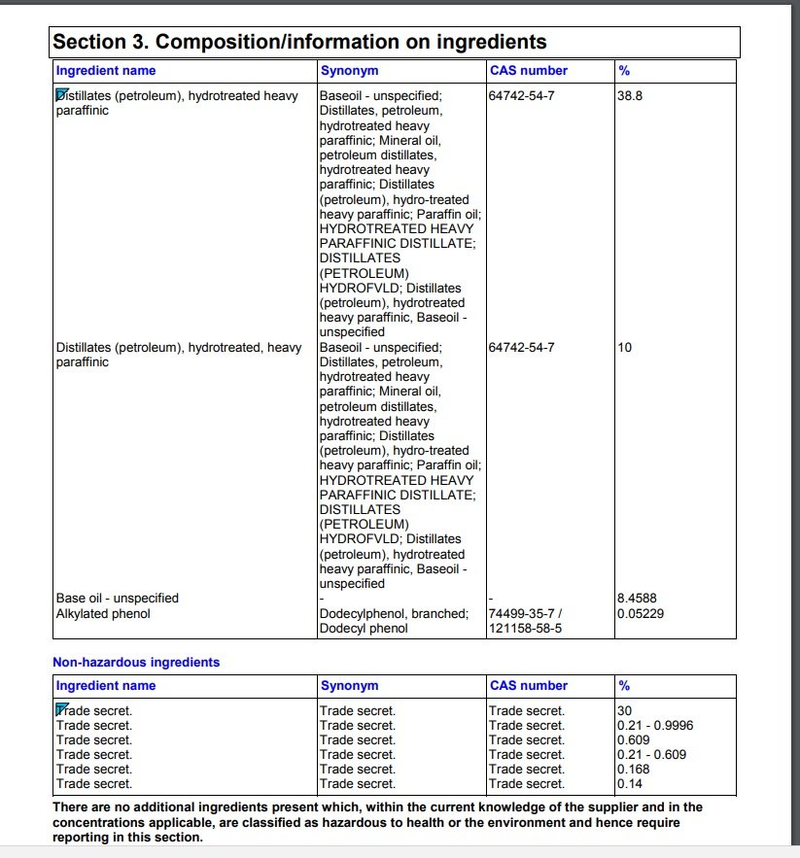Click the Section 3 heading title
coord(299,42)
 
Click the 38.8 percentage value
coord(630,96)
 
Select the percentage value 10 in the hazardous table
coord(625,347)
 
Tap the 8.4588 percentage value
coord(638,599)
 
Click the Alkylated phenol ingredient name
coord(103,613)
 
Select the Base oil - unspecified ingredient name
coord(118,599)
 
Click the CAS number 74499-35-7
coord(526,613)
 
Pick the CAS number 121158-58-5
coord(526,629)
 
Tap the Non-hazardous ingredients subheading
coord(136,663)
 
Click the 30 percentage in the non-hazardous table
coord(624,710)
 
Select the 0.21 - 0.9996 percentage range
coord(655,725)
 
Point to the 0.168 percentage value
coord(635,769)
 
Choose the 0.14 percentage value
coord(630,783)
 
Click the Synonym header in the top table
coord(349,71)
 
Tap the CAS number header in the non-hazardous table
coord(529,686)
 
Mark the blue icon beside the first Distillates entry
coord(61,94)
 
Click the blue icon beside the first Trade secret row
coord(61,708)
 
